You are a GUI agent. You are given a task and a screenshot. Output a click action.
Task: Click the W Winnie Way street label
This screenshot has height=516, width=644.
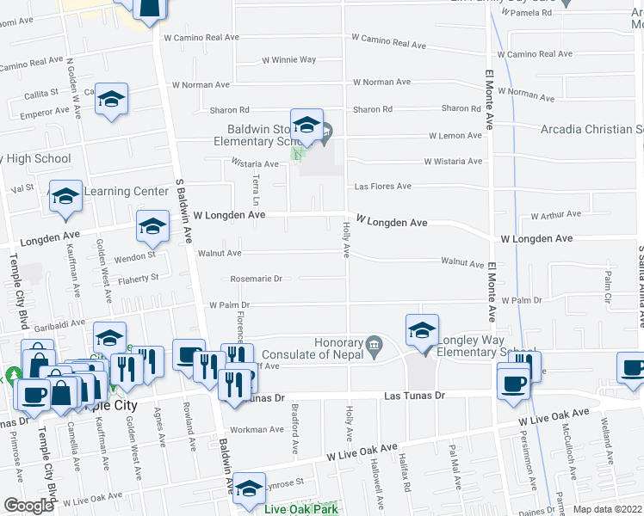tap(289, 60)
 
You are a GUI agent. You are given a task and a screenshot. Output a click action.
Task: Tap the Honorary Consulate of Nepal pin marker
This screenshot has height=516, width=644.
tap(374, 345)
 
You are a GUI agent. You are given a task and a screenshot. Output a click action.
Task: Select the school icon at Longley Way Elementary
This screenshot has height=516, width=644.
tap(422, 331)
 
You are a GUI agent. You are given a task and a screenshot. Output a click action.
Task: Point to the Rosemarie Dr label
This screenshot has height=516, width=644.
tap(257, 279)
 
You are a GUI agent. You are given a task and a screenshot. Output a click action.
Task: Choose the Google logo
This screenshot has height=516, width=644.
tap(28, 506)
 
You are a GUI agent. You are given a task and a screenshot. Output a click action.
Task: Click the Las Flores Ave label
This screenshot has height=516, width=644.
tap(383, 187)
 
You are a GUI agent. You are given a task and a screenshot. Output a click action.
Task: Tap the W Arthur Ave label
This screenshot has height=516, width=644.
tap(556, 215)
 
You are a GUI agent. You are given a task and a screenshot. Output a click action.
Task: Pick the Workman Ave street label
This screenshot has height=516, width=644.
tap(257, 429)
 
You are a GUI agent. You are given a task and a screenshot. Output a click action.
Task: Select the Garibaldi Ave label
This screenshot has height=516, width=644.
tap(59, 326)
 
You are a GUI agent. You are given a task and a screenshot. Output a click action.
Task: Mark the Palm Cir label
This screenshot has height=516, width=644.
tap(607, 281)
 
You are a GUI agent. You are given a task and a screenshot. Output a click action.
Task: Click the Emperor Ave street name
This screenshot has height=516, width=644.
tap(44, 112)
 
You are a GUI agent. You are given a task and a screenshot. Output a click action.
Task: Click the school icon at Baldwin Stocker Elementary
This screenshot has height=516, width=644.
tap(307, 125)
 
